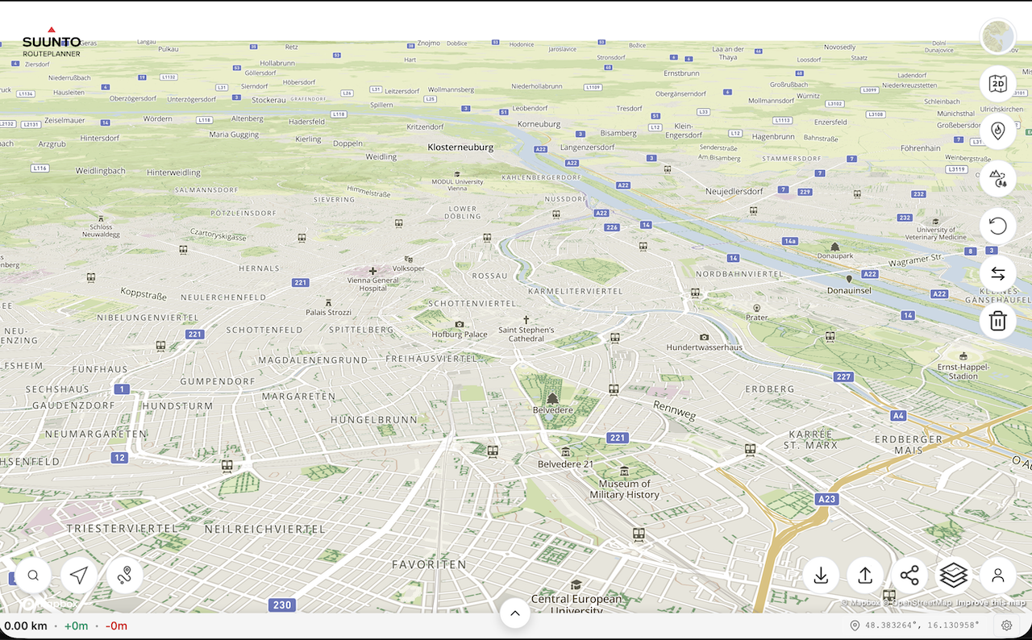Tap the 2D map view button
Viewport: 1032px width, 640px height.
click(997, 84)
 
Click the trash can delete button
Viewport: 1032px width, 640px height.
click(997, 321)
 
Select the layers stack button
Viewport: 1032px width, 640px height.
click(953, 576)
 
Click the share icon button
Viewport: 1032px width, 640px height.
click(909, 576)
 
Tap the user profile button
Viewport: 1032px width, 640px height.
click(997, 576)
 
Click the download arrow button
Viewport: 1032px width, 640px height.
click(821, 576)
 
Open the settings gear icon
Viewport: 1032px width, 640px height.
click(1006, 625)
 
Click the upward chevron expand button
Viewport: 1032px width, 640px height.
click(514, 613)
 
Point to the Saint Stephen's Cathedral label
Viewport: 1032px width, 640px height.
click(526, 334)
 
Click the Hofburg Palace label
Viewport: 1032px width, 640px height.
click(459, 334)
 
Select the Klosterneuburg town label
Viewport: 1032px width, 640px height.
click(460, 148)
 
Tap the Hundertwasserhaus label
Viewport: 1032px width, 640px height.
click(704, 347)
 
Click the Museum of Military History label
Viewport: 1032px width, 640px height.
click(624, 489)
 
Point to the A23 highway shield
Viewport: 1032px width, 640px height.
click(826, 499)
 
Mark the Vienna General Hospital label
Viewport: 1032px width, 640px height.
click(372, 283)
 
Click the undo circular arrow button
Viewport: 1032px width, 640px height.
click(997, 226)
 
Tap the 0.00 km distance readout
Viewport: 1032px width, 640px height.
click(26, 625)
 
